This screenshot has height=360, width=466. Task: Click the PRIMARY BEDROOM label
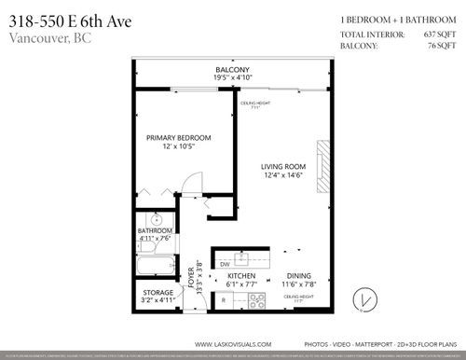(178, 138)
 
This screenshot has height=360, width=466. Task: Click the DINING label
(299, 277)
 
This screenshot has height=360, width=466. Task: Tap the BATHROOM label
(156, 229)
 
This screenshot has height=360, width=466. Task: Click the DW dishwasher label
(225, 264)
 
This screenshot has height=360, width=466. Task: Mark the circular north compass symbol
(364, 299)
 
